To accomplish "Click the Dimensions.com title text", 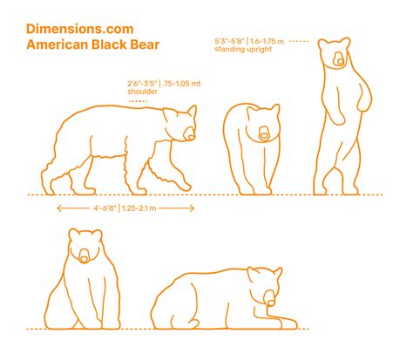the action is point(80,29).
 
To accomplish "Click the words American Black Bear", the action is point(93,44).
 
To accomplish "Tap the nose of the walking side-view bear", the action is point(191,136).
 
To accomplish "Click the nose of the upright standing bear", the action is point(340,62).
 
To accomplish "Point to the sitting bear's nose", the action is point(84,259).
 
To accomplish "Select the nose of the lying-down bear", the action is point(271,303).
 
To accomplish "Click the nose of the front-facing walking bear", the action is point(264,136).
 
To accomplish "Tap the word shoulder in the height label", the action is point(142,92).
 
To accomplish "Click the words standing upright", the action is point(243,49).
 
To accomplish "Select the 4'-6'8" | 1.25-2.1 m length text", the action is point(125,208).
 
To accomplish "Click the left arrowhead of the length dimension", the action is point(58,208).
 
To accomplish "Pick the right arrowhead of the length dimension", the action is point(193,208).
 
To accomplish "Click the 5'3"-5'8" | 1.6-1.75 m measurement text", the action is point(249,41).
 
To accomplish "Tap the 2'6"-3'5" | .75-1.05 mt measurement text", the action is point(164,84).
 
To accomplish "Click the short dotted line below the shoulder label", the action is point(139,101).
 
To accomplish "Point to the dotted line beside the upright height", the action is point(299,41).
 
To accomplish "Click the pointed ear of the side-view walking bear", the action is point(193,111).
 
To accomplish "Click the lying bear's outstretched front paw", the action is point(288,324).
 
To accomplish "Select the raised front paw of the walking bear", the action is point(184,184).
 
